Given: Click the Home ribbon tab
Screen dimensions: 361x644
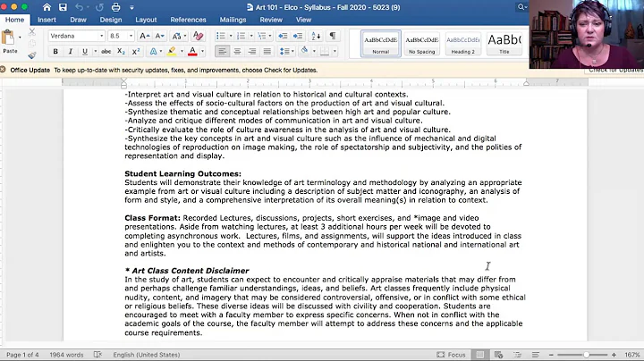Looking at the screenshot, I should click(x=14, y=20).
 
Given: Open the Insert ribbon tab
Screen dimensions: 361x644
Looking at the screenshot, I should click(x=47, y=20).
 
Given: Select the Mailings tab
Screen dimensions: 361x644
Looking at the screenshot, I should click(x=233, y=20).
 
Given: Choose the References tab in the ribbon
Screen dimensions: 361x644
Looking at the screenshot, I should click(x=188, y=20).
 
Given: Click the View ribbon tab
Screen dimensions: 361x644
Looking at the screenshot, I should click(x=304, y=20).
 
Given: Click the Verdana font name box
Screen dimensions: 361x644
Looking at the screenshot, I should click(x=75, y=36).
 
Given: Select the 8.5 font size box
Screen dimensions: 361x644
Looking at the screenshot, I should click(x=120, y=36).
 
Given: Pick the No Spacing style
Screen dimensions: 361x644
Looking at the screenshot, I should click(x=422, y=43).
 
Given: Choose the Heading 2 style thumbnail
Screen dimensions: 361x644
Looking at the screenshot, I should click(x=462, y=43).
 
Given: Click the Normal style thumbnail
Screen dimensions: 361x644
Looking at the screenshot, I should click(x=380, y=43).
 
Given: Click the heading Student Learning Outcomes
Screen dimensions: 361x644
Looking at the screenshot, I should click(x=182, y=173).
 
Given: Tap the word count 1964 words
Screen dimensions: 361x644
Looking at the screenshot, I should click(x=64, y=355).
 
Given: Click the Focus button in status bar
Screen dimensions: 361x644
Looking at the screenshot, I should click(x=452, y=355).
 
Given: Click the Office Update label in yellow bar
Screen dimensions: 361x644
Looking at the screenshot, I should click(x=30, y=69).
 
